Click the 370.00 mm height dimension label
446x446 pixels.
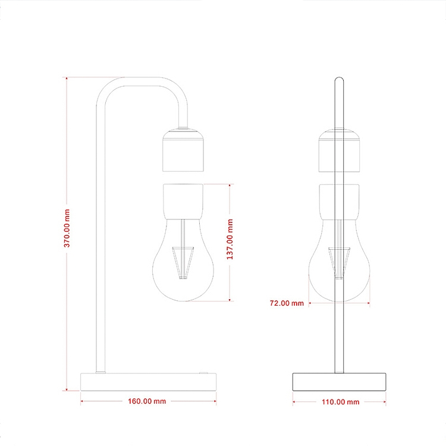tap(67, 228)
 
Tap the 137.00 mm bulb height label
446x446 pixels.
tap(230, 239)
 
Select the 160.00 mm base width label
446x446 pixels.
tap(147, 401)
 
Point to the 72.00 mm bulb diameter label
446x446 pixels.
tap(287, 303)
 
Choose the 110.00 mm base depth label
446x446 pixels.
tap(341, 402)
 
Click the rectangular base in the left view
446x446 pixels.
tap(148, 382)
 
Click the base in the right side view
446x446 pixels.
tap(340, 382)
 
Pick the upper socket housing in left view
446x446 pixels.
tap(183, 150)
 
